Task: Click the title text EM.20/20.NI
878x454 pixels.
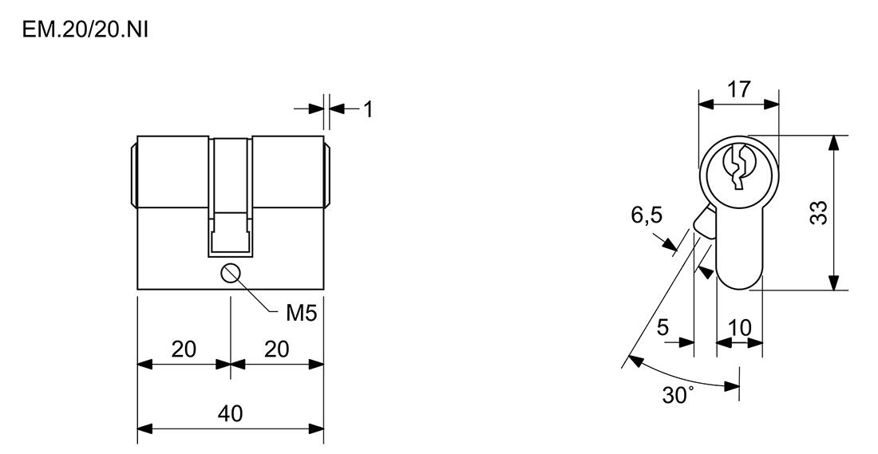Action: tap(85, 29)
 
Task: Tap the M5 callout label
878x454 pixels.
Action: tap(301, 314)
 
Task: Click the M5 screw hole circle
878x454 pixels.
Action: tap(231, 274)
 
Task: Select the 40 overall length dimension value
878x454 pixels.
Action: tap(230, 413)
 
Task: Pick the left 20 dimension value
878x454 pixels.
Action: tap(184, 349)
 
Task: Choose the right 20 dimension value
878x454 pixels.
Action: tap(276, 349)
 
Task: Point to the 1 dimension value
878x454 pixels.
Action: tap(368, 110)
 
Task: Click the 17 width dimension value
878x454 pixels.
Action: tap(738, 89)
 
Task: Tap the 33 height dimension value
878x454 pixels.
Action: tap(819, 213)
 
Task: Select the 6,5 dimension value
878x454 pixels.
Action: tap(647, 215)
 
